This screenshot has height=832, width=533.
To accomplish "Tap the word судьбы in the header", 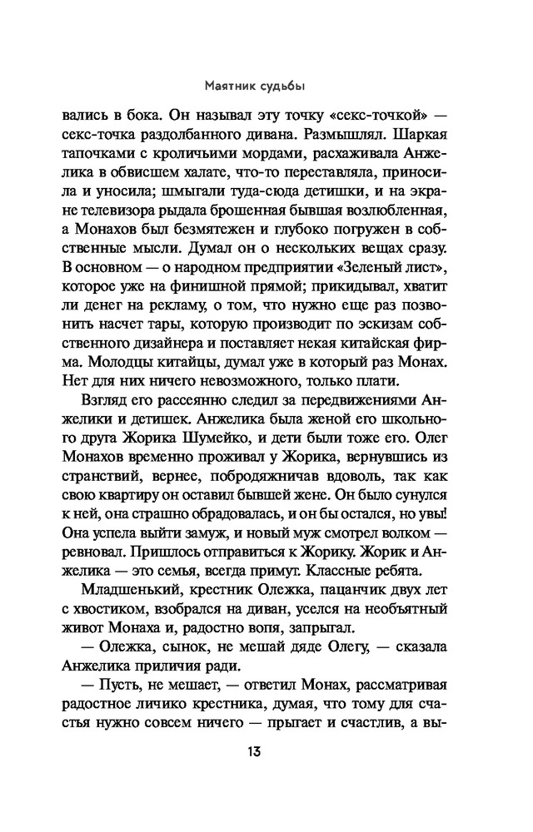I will [291, 84].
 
